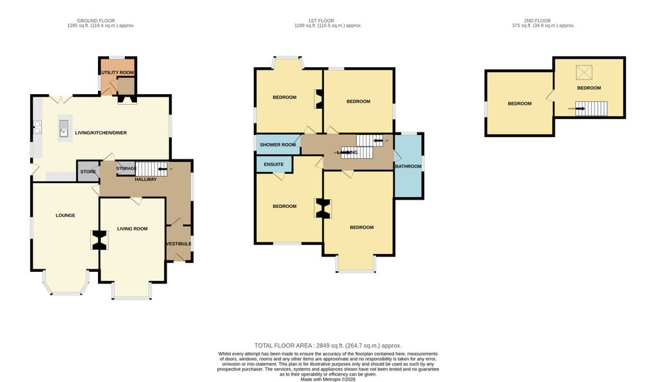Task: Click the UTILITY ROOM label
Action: click(117, 73)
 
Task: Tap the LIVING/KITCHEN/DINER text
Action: click(101, 133)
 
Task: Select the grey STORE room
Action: click(88, 171)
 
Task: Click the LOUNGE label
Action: click(65, 216)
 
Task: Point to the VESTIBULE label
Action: click(179, 244)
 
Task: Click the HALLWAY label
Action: click(146, 179)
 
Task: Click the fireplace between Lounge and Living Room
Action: click(99, 240)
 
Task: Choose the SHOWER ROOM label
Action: click(277, 145)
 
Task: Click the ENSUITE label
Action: click(274, 164)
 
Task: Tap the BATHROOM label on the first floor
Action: click(408, 167)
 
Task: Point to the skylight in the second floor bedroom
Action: click(584, 72)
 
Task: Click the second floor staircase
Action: click(591, 109)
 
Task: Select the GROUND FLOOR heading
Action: click(101, 21)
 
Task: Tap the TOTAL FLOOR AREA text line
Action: click(328, 345)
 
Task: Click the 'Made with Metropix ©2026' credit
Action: click(328, 379)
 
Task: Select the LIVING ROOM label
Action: click(132, 228)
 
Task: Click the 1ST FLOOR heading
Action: click(328, 21)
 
